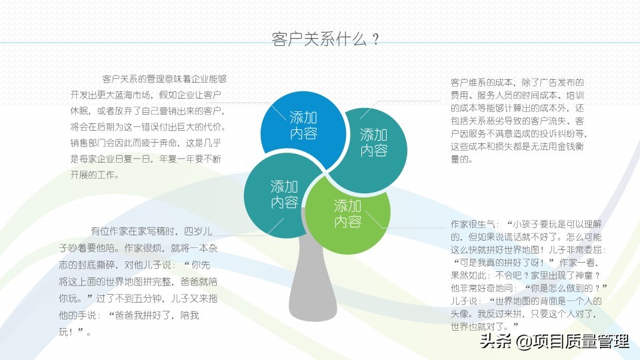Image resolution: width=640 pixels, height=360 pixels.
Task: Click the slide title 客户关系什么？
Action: pyautogui.click(x=326, y=39)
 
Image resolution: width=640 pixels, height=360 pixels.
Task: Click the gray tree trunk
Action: pyautogui.click(x=313, y=281)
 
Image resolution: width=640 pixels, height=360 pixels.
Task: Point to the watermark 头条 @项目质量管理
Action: pyautogui.click(x=554, y=341)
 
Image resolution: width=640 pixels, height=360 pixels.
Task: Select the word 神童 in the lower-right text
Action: pyautogui.click(x=584, y=275)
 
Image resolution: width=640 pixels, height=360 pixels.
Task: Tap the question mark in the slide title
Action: pyautogui.click(x=375, y=39)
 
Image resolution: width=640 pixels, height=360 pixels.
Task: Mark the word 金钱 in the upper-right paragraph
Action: pyautogui.click(x=566, y=146)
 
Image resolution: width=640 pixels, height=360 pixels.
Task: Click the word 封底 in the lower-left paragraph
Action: pyautogui.click(x=95, y=265)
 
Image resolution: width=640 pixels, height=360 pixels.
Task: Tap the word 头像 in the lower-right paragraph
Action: pyautogui.click(x=459, y=314)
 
